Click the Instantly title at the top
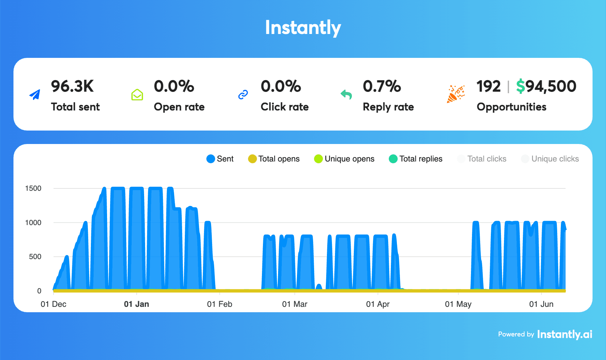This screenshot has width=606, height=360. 303,28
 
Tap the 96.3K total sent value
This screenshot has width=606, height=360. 72,86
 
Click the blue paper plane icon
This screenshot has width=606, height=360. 35,95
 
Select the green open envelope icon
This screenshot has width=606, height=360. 137,95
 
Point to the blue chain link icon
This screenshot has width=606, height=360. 243,95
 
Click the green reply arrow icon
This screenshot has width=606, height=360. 346,95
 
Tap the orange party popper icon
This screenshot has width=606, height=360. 456,94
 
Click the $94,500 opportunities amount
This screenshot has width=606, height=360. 546,86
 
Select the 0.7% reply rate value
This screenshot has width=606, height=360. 382,86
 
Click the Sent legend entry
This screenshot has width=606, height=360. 220,159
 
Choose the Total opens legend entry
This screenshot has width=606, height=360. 274,159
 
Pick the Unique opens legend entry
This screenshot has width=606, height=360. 344,159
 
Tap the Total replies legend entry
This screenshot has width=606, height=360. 415,159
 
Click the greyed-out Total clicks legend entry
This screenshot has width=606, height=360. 482,159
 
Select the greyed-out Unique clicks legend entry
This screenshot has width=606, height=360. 550,159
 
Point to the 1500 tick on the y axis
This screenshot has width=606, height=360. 33,188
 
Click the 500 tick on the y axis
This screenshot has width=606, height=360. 35,257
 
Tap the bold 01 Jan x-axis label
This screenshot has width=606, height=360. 136,304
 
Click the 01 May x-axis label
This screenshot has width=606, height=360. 458,304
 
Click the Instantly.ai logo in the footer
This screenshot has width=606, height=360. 565,334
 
